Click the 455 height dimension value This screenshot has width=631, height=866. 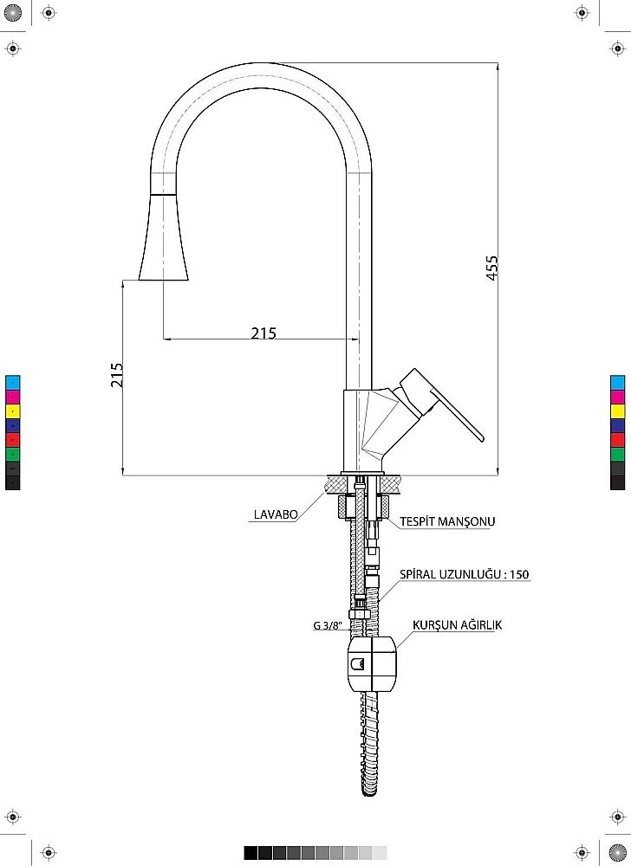point(491,268)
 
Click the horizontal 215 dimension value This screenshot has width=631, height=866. point(263,333)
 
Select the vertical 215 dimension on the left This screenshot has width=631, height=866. point(117,375)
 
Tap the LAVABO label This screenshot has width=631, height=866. point(276,514)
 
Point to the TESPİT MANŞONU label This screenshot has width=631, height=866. point(447,520)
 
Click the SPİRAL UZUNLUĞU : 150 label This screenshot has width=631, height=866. point(464,574)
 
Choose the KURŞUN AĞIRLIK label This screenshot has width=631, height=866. point(457,624)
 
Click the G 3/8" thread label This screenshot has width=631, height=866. point(328,626)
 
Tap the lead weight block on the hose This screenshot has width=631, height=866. point(371,663)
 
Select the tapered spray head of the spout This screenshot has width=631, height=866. point(163,237)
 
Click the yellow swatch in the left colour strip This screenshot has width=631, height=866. point(13,411)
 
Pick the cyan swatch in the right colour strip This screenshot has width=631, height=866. point(617,383)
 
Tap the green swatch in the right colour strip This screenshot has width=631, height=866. point(617,455)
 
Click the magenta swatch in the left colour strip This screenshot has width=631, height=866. point(13,397)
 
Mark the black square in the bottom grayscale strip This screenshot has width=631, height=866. point(250,853)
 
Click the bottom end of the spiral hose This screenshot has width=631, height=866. point(369,792)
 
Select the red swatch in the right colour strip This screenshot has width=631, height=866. point(617,440)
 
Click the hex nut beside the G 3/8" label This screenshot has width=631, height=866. point(359,614)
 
